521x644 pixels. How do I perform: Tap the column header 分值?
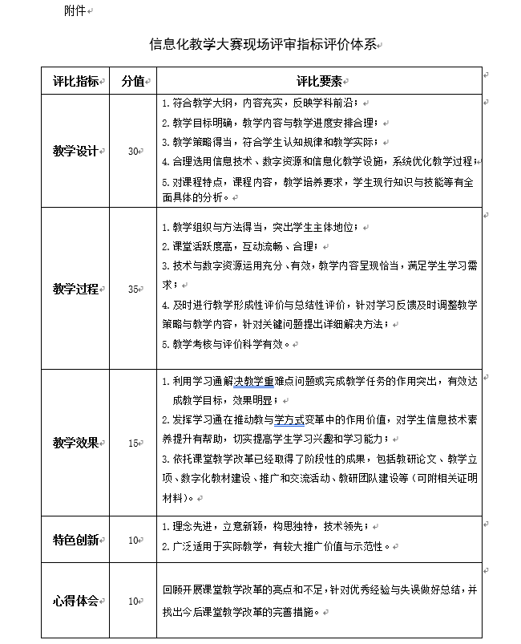click(133, 81)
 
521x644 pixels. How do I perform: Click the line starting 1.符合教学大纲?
click(262, 103)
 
